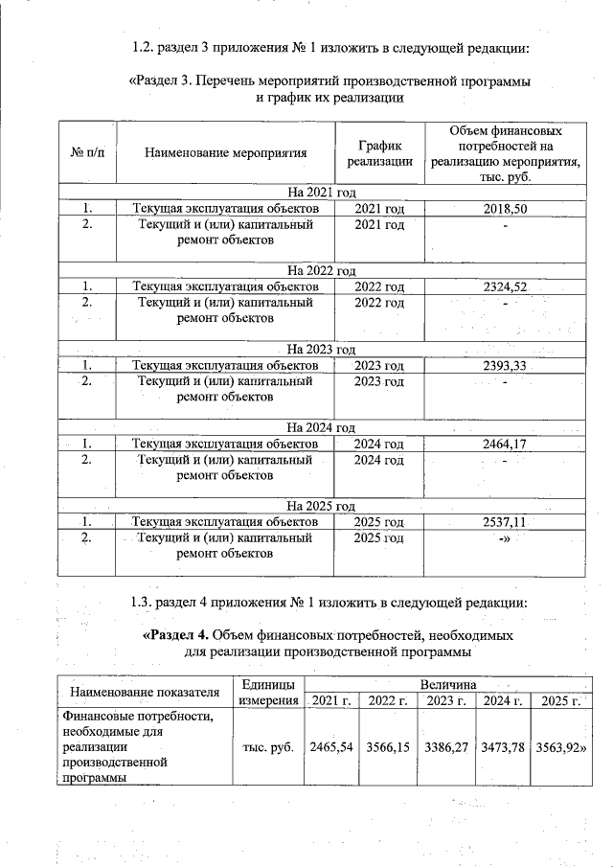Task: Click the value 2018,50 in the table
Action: [506, 208]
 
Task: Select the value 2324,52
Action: [506, 286]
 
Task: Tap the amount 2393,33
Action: [506, 366]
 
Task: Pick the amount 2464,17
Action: [506, 445]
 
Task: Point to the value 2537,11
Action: [506, 523]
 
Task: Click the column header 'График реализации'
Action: [379, 152]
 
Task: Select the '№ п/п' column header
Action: [87, 152]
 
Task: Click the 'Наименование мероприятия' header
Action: [226, 152]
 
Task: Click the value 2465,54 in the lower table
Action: [332, 746]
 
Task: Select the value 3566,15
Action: [389, 746]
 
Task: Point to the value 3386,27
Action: [445, 746]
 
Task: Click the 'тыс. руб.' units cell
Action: [268, 746]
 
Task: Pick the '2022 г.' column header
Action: [389, 703]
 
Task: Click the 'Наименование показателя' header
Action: [139, 693]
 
